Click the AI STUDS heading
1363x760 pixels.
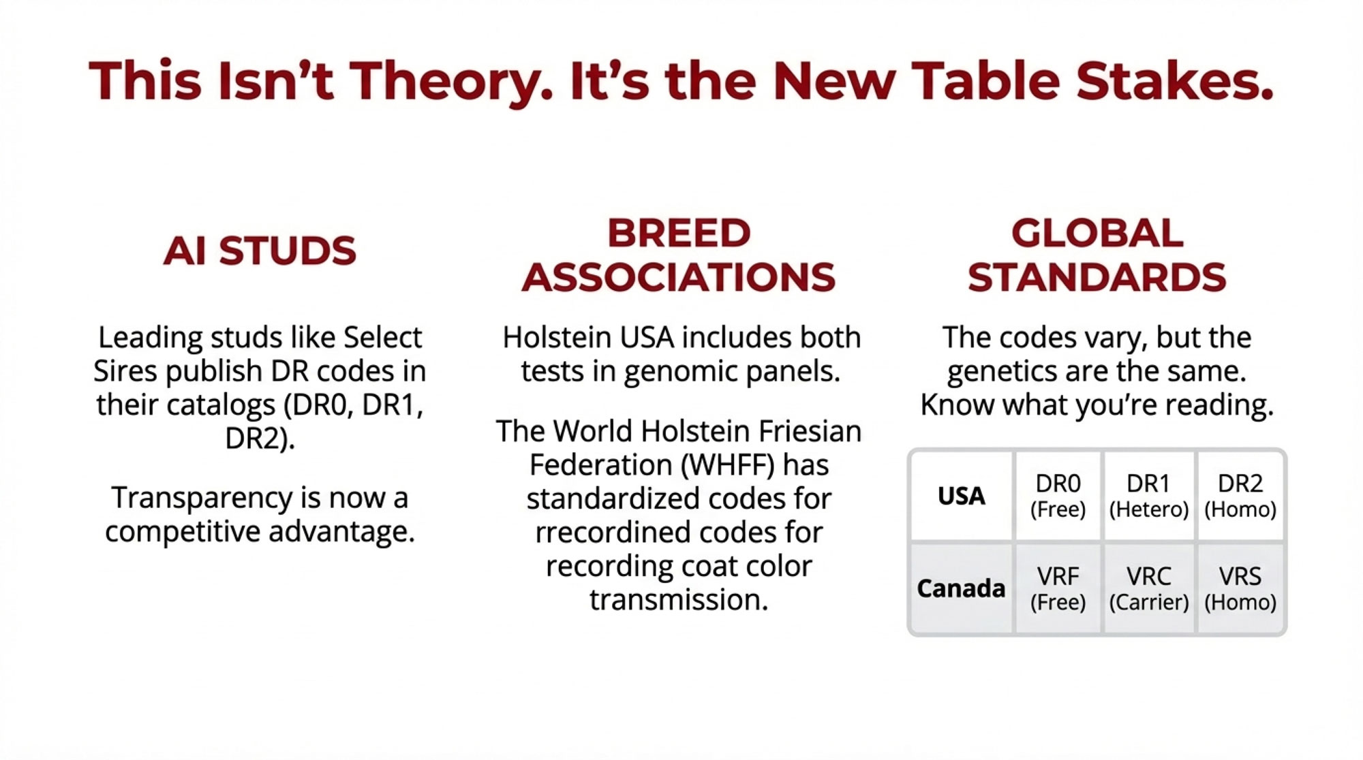[x=260, y=251]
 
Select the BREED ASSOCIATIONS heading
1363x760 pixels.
[x=679, y=255]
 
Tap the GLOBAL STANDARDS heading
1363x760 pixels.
[x=1097, y=255]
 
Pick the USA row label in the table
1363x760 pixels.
[x=961, y=496]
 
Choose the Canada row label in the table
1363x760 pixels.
[x=961, y=588]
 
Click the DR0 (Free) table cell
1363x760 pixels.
[x=1058, y=496]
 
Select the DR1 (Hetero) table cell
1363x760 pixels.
[x=1149, y=496]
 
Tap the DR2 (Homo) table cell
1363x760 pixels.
[x=1240, y=496]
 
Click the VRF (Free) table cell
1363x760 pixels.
[x=1058, y=589]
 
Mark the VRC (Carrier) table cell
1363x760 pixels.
[x=1149, y=589]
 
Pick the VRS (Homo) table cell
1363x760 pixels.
[x=1240, y=589]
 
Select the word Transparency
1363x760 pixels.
[x=202, y=498]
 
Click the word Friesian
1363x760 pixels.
[x=812, y=431]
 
